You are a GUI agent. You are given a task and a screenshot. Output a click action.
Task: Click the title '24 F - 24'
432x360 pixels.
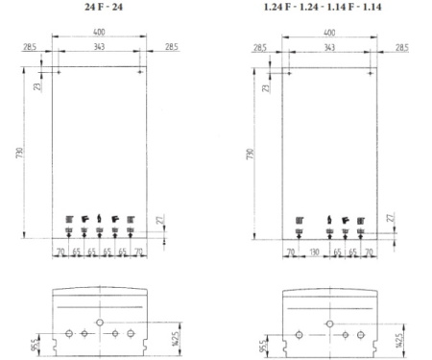[x=100, y=9]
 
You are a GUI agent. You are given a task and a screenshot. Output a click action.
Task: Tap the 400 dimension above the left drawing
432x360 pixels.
[x=100, y=32]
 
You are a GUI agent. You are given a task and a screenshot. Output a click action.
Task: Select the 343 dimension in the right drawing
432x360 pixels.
[x=329, y=46]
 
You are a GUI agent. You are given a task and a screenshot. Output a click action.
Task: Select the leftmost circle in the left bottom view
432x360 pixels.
[x=67, y=334]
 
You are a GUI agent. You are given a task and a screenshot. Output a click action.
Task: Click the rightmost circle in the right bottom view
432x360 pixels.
[x=360, y=334]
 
